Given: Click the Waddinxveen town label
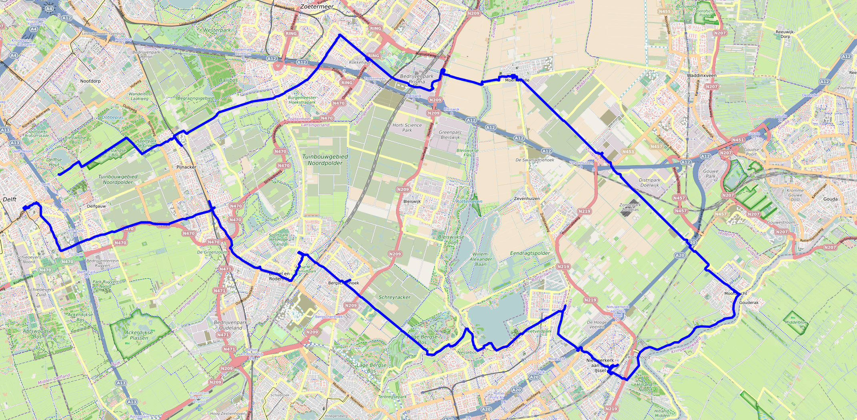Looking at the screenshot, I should click(x=701, y=76).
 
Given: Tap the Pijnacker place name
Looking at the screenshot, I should click(x=186, y=167).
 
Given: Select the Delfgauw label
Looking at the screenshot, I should click(x=96, y=206).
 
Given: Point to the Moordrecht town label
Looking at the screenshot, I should click(x=735, y=294).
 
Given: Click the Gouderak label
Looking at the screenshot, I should click(x=749, y=303).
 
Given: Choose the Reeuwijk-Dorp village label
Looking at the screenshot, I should click(x=785, y=34).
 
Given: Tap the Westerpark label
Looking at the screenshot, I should click(x=217, y=30).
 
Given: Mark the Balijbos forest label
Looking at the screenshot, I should click(x=228, y=80).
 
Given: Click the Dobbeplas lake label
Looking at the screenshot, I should click(x=112, y=118).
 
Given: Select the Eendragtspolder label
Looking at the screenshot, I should click(x=530, y=253).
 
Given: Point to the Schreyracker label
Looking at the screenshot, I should click(x=394, y=297).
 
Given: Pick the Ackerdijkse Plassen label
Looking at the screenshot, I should click(x=139, y=335).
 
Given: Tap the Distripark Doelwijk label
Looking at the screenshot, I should click(x=649, y=182).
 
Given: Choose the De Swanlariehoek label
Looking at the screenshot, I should click(x=535, y=160).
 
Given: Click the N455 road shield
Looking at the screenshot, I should click(x=665, y=12).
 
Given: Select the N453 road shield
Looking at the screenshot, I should click(x=628, y=152).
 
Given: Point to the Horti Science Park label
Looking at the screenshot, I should click(x=407, y=128).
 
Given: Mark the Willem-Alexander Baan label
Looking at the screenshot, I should click(x=481, y=259).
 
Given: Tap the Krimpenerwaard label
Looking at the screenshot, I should click(x=686, y=345).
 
